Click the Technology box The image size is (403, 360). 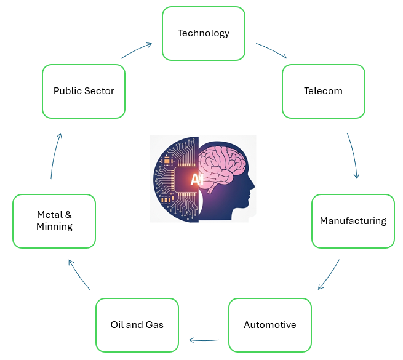[204, 33]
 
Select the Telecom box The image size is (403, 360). [323, 91]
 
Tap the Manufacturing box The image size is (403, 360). [353, 221]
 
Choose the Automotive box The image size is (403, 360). [269, 324]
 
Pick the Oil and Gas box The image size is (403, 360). [137, 324]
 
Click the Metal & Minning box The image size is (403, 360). [54, 221]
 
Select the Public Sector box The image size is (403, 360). [84, 91]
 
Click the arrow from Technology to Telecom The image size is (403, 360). [271, 50]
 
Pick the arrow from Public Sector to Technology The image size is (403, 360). [137, 50]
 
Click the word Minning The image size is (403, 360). [54, 226]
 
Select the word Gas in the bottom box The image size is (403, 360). [154, 324]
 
